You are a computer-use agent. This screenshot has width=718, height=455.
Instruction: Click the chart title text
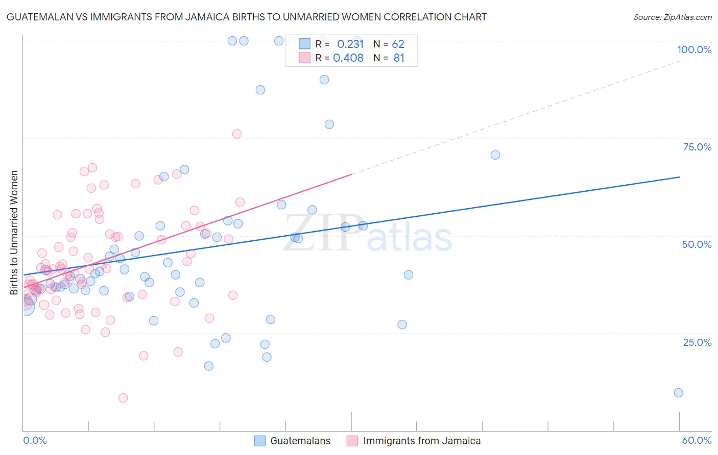(x=247, y=17)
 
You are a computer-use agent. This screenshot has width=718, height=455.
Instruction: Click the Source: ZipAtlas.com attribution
(x=672, y=17)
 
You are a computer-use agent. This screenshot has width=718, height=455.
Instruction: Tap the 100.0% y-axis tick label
(x=694, y=49)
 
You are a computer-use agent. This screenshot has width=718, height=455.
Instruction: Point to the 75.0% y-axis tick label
(x=697, y=147)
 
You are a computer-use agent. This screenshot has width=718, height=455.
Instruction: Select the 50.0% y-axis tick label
(x=697, y=244)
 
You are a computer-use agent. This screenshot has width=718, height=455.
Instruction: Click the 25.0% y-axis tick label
(x=697, y=342)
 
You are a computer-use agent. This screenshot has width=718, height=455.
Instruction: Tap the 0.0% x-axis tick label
(x=35, y=440)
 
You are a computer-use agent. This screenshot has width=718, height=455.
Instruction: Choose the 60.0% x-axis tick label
(x=697, y=440)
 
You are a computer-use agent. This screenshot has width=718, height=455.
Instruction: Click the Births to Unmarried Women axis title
(x=14, y=233)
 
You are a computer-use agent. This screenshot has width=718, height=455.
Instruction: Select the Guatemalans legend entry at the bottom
(x=300, y=441)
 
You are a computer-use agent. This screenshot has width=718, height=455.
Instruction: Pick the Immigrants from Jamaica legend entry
(x=421, y=441)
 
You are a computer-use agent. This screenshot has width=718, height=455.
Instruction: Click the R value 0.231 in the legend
(x=350, y=44)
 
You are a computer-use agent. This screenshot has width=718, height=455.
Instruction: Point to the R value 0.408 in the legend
(x=348, y=58)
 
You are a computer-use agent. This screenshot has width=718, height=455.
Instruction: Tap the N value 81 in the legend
(x=399, y=58)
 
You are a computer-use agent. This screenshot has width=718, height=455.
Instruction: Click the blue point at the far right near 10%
(x=678, y=393)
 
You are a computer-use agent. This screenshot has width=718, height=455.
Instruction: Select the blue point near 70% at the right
(x=495, y=155)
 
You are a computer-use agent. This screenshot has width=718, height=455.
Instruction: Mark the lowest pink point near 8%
(x=123, y=398)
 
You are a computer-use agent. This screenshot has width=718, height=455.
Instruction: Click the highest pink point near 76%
(x=236, y=134)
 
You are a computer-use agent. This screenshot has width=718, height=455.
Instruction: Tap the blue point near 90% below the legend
(x=324, y=80)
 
